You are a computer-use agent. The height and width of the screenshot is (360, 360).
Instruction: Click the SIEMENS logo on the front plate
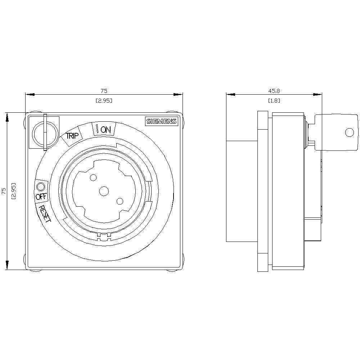162,121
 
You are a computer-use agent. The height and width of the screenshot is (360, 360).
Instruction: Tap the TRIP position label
71,136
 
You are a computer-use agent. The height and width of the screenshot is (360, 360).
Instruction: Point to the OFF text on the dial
41,197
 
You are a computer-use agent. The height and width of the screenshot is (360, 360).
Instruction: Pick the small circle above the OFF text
41,187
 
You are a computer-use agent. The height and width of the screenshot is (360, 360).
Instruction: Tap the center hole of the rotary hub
104,191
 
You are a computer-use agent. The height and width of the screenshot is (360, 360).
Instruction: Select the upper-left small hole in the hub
93,177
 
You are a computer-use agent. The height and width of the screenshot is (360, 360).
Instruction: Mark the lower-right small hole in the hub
120,201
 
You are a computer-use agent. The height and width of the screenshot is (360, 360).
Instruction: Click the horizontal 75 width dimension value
104,91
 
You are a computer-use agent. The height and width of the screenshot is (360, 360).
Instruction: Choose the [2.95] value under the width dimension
104,101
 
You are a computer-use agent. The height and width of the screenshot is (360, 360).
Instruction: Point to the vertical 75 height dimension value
4,191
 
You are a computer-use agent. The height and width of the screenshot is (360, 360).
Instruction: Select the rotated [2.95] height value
14,191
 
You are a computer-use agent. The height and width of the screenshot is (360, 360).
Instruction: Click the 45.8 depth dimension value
274,91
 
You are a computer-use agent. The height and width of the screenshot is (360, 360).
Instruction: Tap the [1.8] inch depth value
274,101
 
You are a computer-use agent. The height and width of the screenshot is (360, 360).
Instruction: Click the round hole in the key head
349,132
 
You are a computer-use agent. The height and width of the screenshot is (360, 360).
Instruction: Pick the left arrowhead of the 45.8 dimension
230,95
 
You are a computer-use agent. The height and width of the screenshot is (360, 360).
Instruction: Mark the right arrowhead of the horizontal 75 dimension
178,95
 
